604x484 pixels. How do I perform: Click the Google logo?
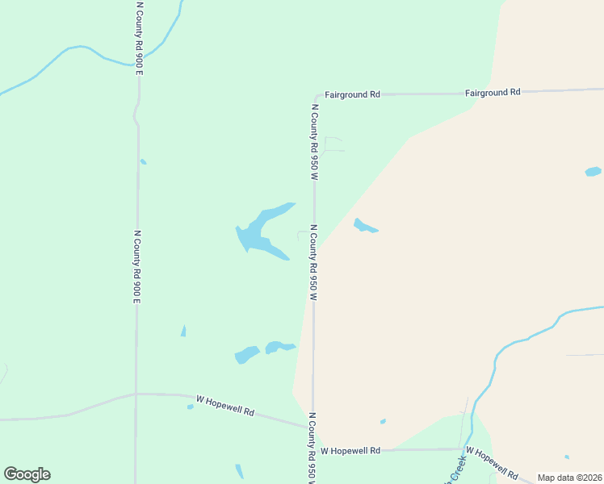pos(27,474)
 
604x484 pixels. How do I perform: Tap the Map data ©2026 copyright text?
pos(569,478)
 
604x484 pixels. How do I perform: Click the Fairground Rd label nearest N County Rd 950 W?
pos(352,94)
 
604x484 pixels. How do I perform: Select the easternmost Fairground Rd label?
pos(493,93)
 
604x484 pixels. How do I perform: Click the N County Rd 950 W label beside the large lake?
pos(313,262)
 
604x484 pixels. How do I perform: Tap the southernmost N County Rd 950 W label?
pos(312,449)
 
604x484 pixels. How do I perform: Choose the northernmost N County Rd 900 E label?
pos(140,38)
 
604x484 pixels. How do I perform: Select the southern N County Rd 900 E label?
pos(137,267)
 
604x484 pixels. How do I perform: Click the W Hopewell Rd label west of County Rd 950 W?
pos(225,406)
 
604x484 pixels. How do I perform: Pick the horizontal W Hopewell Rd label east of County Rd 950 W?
pos(350,451)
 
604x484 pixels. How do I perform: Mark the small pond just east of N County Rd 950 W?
pos(364,227)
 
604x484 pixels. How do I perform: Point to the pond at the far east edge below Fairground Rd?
pos(593,172)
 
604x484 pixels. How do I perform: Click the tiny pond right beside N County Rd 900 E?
pos(143,161)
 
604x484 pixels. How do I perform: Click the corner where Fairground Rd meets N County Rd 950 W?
pos(315,96)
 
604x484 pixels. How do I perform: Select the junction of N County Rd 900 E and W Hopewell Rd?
pos(136,394)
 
